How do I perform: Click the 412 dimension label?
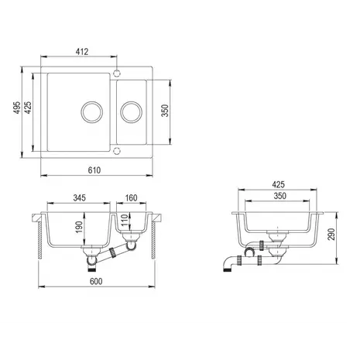82,52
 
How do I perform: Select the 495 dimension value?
17,108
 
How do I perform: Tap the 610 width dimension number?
94,170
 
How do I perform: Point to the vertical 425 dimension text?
28,108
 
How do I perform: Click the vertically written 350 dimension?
165,111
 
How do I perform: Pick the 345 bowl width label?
79,198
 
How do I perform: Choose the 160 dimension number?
131,198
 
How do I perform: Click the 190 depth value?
79,227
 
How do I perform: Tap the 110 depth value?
125,220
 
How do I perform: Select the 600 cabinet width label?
96,281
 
